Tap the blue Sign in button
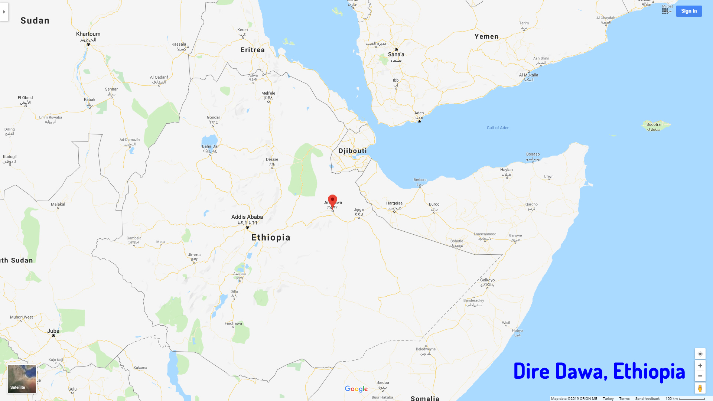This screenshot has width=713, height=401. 689,11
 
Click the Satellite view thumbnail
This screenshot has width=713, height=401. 22,379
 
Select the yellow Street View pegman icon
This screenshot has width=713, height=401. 700,388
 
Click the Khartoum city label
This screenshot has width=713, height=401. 88,34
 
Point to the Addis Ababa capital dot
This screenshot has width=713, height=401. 247,227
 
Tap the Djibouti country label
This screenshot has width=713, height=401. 352,151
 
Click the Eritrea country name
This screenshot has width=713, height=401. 253,50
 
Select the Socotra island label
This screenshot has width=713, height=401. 653,125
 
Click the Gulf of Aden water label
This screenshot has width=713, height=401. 498,128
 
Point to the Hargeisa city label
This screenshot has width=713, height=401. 394,203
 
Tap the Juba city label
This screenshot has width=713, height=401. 53,331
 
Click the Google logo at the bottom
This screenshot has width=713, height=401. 356,389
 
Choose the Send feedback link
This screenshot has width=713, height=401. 647,399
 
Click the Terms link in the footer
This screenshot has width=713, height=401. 624,399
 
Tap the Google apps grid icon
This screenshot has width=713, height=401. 665,11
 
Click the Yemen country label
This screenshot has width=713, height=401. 486,36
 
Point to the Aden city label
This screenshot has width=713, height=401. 419,113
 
